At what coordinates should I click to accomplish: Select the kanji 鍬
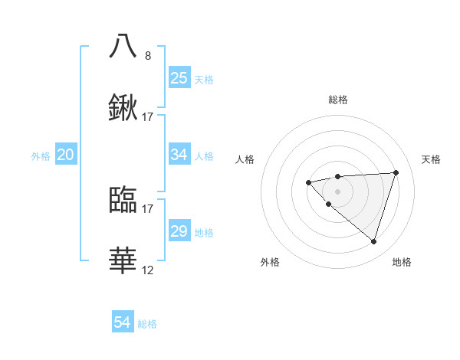click(x=123, y=108)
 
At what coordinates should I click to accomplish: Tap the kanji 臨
click(x=123, y=199)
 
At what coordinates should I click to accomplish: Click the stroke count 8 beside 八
click(x=148, y=56)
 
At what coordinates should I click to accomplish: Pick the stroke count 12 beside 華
click(x=148, y=271)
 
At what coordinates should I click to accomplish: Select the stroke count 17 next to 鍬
click(x=148, y=117)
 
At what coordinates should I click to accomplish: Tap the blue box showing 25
click(x=179, y=78)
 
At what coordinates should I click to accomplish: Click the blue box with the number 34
click(x=179, y=155)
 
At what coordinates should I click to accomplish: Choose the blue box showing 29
click(x=179, y=231)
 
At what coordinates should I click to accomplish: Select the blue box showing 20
click(x=65, y=155)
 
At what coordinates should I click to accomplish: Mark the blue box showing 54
click(x=122, y=322)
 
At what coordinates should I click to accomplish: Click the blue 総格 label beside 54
click(x=148, y=324)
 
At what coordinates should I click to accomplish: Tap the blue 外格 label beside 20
click(x=41, y=156)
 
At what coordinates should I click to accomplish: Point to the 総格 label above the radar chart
click(x=338, y=100)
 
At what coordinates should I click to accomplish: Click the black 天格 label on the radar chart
click(x=432, y=159)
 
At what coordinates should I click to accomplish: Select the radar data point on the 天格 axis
click(x=396, y=172)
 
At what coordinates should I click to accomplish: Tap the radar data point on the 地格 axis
click(x=373, y=241)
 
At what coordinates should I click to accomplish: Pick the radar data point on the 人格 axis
click(x=308, y=182)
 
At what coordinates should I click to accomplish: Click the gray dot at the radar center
click(x=338, y=191)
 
